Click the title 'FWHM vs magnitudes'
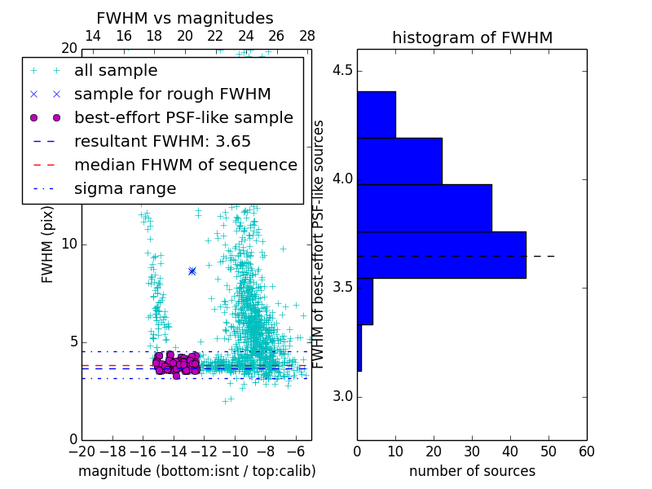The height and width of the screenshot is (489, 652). [185, 18]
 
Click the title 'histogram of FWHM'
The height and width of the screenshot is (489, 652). [472, 37]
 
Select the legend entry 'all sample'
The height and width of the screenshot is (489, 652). [116, 71]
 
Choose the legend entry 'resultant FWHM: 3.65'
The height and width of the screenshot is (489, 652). [162, 141]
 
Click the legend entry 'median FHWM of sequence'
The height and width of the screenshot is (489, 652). [185, 165]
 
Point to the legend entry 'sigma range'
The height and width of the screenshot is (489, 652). [125, 189]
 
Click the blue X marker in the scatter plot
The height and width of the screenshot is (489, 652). [192, 271]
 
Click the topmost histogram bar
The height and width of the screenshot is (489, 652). [377, 114]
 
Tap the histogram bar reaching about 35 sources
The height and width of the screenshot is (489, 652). [424, 208]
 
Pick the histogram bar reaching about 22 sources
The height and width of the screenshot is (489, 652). [399, 161]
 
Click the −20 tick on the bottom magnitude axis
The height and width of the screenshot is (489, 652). [81, 451]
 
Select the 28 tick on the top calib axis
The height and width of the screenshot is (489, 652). [307, 36]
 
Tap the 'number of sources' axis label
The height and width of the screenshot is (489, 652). [472, 471]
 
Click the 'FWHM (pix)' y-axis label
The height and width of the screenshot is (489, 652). [48, 243]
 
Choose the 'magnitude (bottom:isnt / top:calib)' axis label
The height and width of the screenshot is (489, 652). [196, 471]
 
